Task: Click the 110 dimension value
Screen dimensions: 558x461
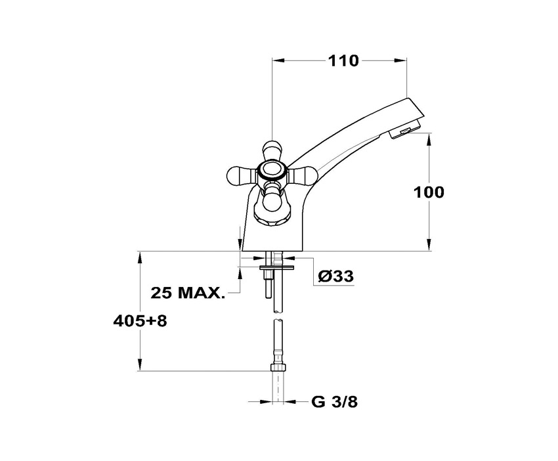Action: tap(343, 61)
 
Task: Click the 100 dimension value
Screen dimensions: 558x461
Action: tap(429, 192)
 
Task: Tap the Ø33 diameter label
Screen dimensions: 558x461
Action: tap(336, 276)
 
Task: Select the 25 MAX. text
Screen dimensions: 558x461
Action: tap(188, 293)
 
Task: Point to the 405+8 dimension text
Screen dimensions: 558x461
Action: tap(140, 321)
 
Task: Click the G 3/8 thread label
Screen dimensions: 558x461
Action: tap(335, 402)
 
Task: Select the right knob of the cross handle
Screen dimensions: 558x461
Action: tap(302, 175)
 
